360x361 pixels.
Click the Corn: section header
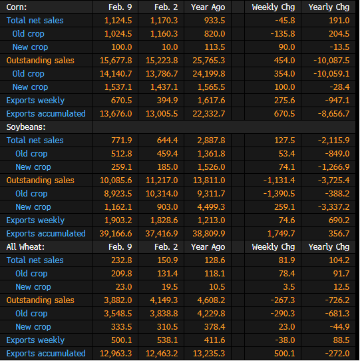click(17, 7)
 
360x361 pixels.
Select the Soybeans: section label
click(26, 127)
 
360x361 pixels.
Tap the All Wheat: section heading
click(25, 247)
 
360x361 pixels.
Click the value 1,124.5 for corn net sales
click(118, 21)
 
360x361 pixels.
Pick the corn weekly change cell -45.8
click(285, 21)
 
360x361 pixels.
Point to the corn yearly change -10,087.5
click(331, 61)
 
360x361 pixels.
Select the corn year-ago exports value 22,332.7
click(209, 114)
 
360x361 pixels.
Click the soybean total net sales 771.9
click(122, 141)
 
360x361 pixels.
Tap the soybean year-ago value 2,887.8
click(211, 141)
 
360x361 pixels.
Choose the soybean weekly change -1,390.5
click(279, 194)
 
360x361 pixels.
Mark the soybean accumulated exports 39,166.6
click(116, 234)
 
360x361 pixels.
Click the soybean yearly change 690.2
click(339, 220)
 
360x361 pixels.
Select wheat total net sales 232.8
click(122, 260)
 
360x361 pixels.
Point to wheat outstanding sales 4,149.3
click(164, 300)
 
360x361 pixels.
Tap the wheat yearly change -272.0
click(337, 354)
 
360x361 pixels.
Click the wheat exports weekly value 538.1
click(168, 340)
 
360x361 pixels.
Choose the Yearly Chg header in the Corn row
click(329, 7)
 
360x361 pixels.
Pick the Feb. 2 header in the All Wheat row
click(166, 247)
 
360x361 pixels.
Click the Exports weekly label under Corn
click(35, 101)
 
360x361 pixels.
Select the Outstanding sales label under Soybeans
click(40, 180)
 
